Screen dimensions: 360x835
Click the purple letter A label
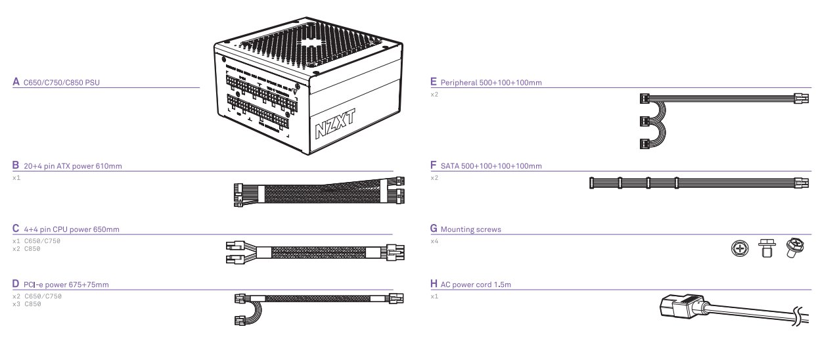pos(16,83)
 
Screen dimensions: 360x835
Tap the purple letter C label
pos(16,229)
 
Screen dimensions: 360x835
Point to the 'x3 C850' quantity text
pos(27,304)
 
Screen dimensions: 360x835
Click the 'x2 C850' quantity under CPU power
pos(27,248)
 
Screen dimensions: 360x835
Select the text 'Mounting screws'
pos(470,229)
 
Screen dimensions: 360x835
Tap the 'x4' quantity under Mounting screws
pos(434,241)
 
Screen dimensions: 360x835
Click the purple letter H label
pos(434,284)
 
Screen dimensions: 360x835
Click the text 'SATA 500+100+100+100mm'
pos(491,166)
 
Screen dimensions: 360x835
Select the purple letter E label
pos(434,83)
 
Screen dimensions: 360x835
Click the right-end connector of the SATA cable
pos(801,182)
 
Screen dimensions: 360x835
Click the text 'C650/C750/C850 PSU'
pos(61,83)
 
